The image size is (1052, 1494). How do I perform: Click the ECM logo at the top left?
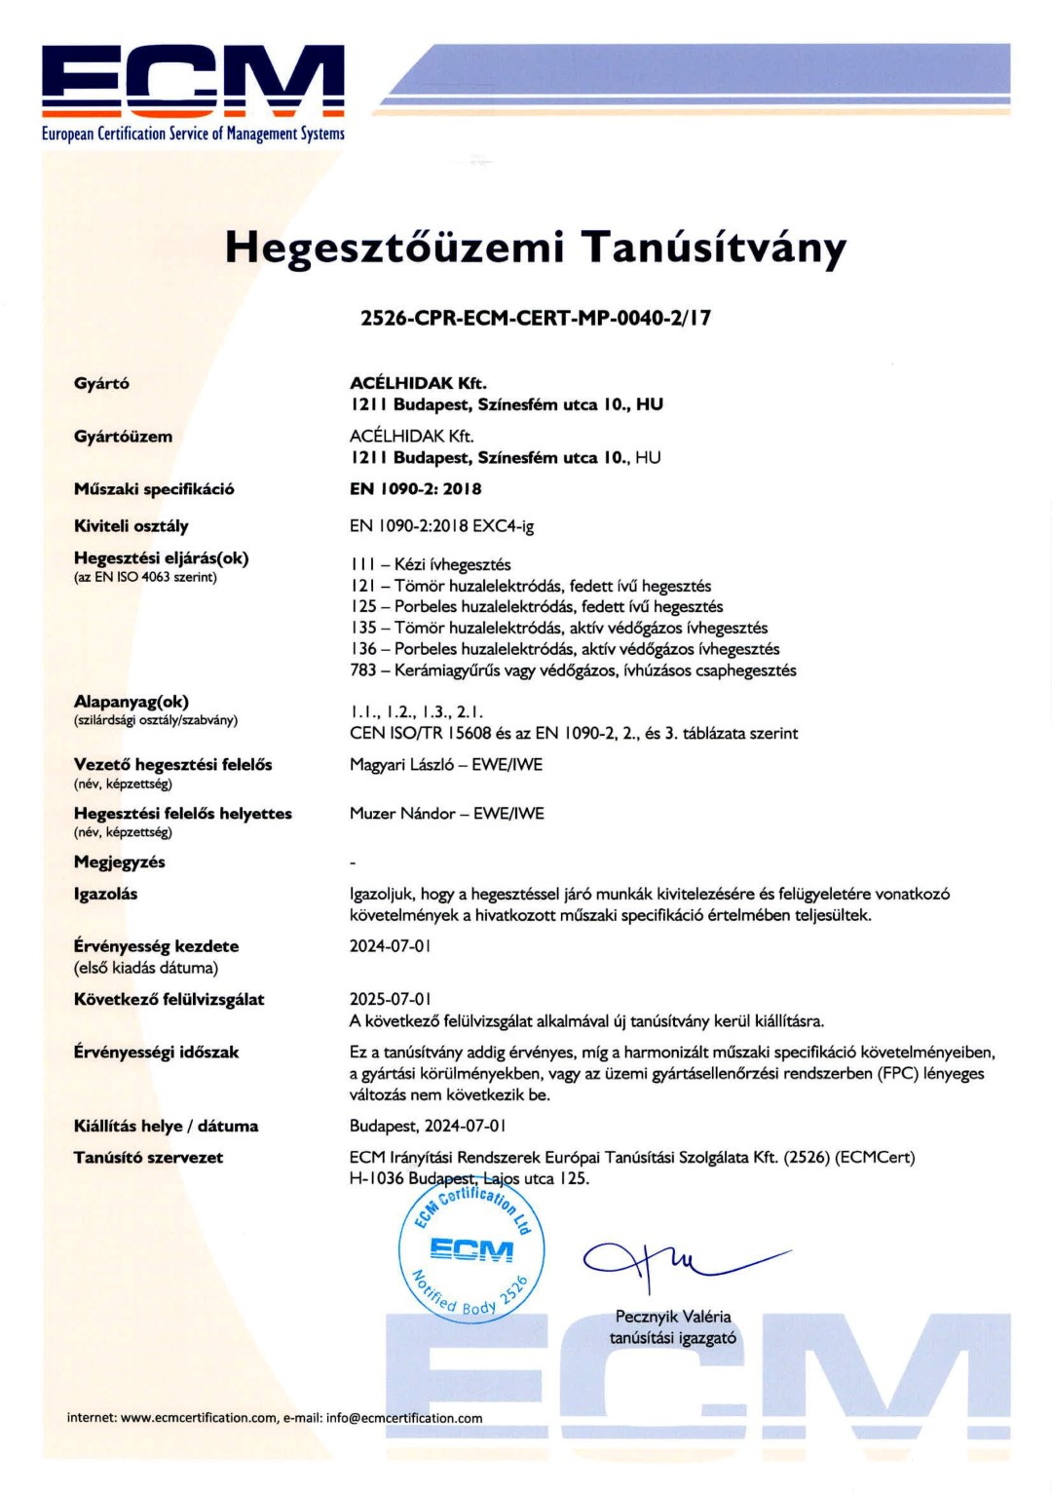pyautogui.click(x=193, y=82)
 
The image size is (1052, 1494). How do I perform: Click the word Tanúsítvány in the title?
pyautogui.click(x=714, y=248)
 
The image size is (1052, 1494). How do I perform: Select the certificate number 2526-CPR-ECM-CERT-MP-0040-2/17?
pyautogui.click(x=535, y=318)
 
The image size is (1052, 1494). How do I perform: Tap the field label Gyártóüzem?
pyautogui.click(x=123, y=437)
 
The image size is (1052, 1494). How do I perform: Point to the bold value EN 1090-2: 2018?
pyautogui.click(x=415, y=489)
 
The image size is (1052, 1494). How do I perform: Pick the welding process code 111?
pyautogui.click(x=361, y=564)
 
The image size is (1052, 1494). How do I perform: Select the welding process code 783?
pyautogui.click(x=362, y=670)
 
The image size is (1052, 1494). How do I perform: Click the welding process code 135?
pyautogui.click(x=362, y=628)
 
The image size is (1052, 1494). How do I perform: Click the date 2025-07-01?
pyautogui.click(x=390, y=999)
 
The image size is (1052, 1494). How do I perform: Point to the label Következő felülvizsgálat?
pyautogui.click(x=169, y=999)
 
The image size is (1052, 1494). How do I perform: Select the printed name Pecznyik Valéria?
pyautogui.click(x=673, y=1317)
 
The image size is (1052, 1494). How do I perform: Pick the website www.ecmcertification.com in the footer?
pyautogui.click(x=199, y=1418)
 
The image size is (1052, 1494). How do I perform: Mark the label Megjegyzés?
pyautogui.click(x=120, y=862)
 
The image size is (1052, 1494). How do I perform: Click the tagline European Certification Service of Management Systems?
pyautogui.click(x=193, y=134)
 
